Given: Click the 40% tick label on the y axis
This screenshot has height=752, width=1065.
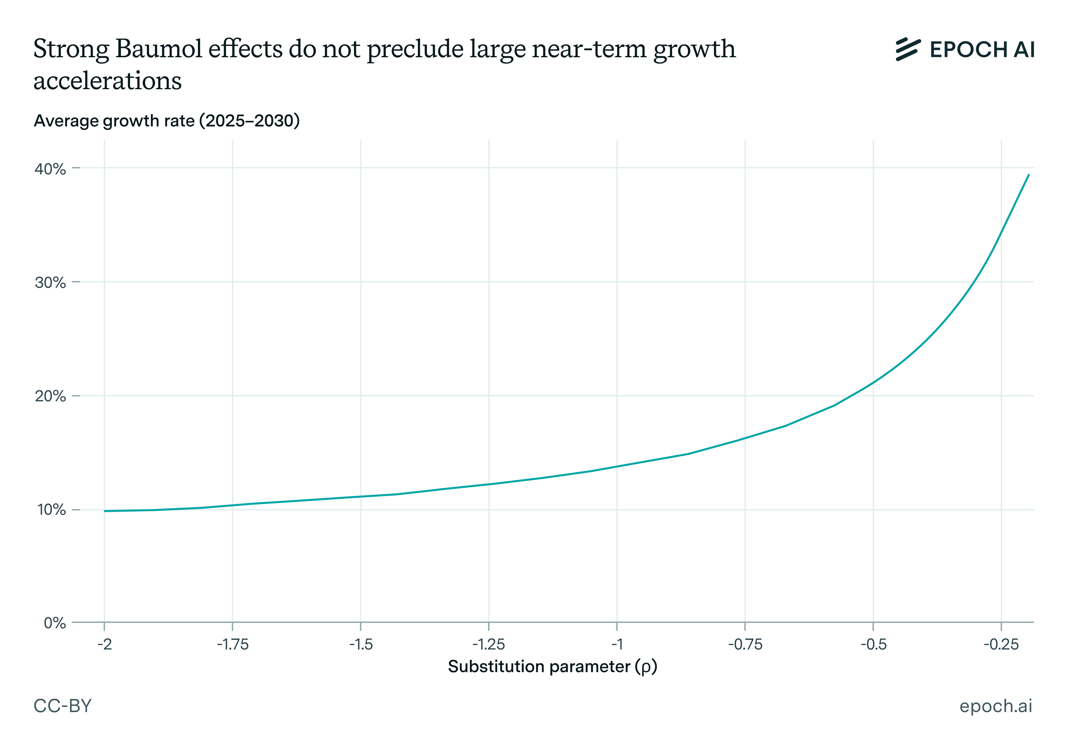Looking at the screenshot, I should point(50,169).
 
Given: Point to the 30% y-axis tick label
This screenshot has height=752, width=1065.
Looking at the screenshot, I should point(50,282).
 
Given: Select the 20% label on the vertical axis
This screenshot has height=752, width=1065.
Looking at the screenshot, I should point(50,396).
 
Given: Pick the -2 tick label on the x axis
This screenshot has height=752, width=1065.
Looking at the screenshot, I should point(105,645).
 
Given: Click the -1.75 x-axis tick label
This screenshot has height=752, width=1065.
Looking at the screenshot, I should point(233,645).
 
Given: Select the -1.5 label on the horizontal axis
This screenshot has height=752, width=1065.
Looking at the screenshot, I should point(361,645).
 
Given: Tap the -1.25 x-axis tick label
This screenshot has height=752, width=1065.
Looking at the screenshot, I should point(488,645).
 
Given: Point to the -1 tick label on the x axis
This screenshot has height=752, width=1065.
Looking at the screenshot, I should point(617,645).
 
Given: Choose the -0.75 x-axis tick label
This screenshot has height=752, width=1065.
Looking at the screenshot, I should point(745,645).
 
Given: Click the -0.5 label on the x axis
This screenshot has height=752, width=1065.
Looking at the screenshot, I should point(873,645).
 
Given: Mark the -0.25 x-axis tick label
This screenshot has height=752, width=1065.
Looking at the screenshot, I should point(1001,645).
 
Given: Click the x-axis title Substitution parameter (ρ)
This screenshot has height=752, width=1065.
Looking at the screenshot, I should point(552,666).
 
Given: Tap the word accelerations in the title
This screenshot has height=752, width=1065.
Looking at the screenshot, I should point(107,81).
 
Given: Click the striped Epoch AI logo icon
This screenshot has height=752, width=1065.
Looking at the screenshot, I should point(908,49).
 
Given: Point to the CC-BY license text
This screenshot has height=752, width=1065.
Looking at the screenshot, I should point(63,706).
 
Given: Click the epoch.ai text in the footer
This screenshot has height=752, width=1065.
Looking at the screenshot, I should point(995,706).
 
